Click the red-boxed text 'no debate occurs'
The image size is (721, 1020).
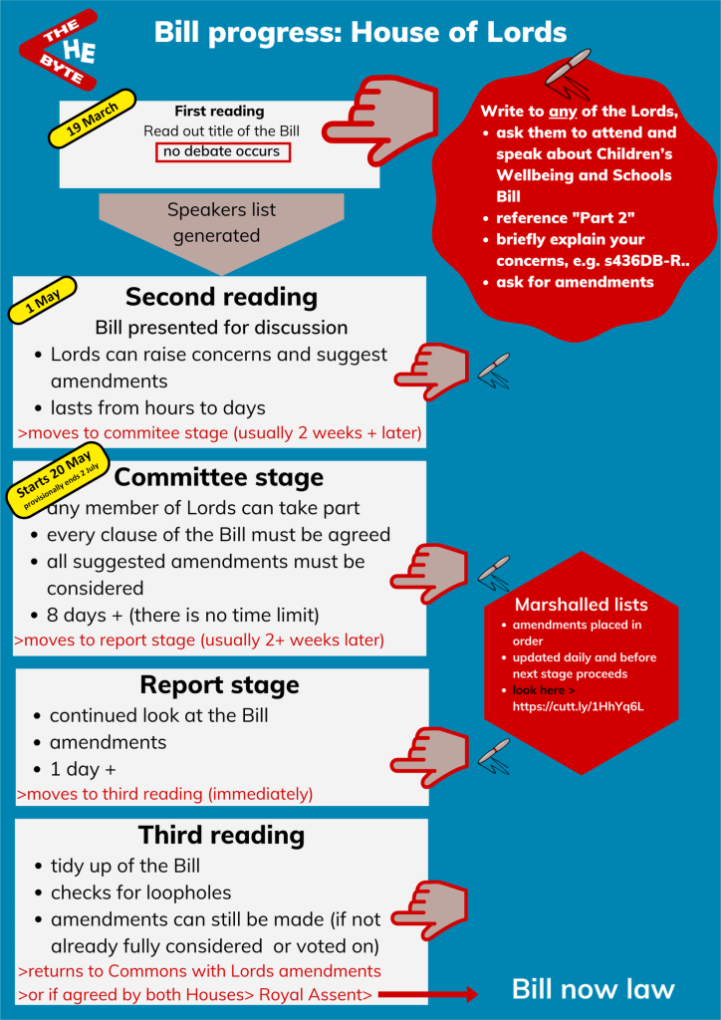tap(223, 151)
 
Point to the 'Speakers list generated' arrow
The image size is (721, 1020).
tap(221, 224)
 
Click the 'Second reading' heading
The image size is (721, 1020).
tap(221, 297)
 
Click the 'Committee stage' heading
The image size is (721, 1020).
tap(219, 477)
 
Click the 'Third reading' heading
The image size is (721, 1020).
tap(220, 835)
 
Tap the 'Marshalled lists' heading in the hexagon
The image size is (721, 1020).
tap(581, 605)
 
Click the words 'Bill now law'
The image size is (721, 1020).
tap(593, 989)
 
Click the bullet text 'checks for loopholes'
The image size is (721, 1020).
tap(140, 892)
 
